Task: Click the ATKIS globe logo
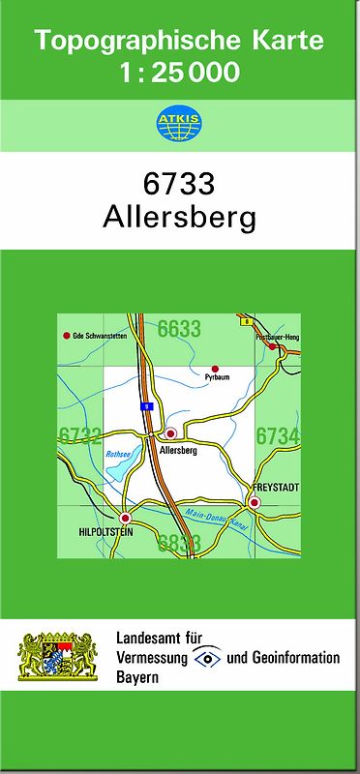point(179,124)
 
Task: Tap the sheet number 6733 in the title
point(179,184)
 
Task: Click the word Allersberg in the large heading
point(179,218)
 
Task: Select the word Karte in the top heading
point(287,42)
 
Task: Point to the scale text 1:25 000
point(180,73)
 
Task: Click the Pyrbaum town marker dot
point(216,369)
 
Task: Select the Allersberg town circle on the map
point(171,433)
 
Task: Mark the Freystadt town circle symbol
point(255,502)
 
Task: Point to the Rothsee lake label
point(117,453)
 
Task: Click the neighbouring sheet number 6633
point(179,329)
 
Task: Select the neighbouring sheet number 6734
point(278,436)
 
